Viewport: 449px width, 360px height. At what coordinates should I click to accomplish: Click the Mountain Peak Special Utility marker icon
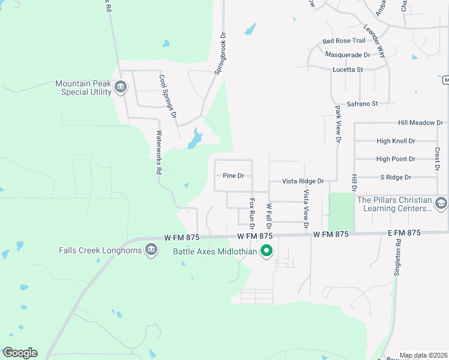pos(121,88)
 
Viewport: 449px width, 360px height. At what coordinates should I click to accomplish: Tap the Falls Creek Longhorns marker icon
pos(151,250)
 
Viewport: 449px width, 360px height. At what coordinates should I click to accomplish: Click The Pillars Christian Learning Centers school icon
pos(442,203)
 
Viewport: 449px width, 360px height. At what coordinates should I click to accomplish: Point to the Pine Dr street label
pos(233,176)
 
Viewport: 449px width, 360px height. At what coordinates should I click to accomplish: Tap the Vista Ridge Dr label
pos(303,181)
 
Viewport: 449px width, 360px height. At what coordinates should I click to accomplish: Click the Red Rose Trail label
pos(343,41)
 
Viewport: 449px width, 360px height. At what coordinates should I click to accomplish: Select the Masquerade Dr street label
pos(348,55)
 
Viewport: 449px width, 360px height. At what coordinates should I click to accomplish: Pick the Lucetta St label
pos(348,70)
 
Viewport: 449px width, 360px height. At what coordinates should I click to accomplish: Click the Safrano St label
pos(358,104)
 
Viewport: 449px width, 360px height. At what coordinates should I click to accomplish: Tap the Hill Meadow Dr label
pos(420,122)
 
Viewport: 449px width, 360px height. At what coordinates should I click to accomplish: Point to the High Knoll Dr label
pos(396,141)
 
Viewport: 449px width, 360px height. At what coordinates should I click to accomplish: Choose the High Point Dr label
pos(396,159)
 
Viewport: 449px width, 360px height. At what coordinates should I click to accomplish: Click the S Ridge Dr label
pos(396,177)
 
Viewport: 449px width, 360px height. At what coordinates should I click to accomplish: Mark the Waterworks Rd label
pos(159,152)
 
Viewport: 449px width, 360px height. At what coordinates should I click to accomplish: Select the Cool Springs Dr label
pos(168,95)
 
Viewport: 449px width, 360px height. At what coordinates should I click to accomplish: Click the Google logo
pos(20,353)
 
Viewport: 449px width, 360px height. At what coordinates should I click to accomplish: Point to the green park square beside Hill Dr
pos(341,212)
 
